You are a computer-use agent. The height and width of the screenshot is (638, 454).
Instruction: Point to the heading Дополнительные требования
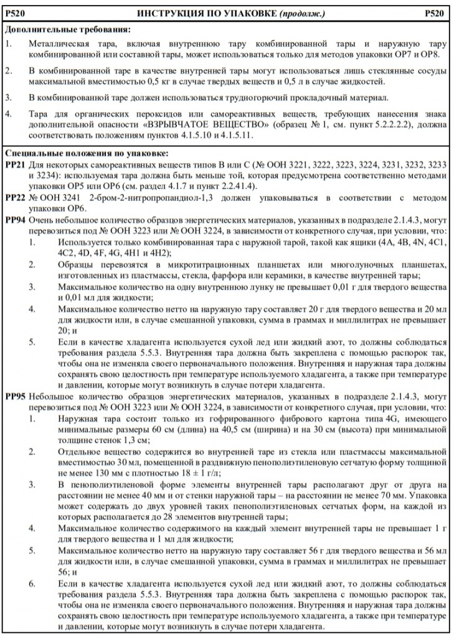pos(68,30)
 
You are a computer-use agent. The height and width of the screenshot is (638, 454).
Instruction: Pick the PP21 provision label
pos(14,164)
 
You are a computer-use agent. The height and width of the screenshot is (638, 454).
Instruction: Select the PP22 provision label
pos(14,198)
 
